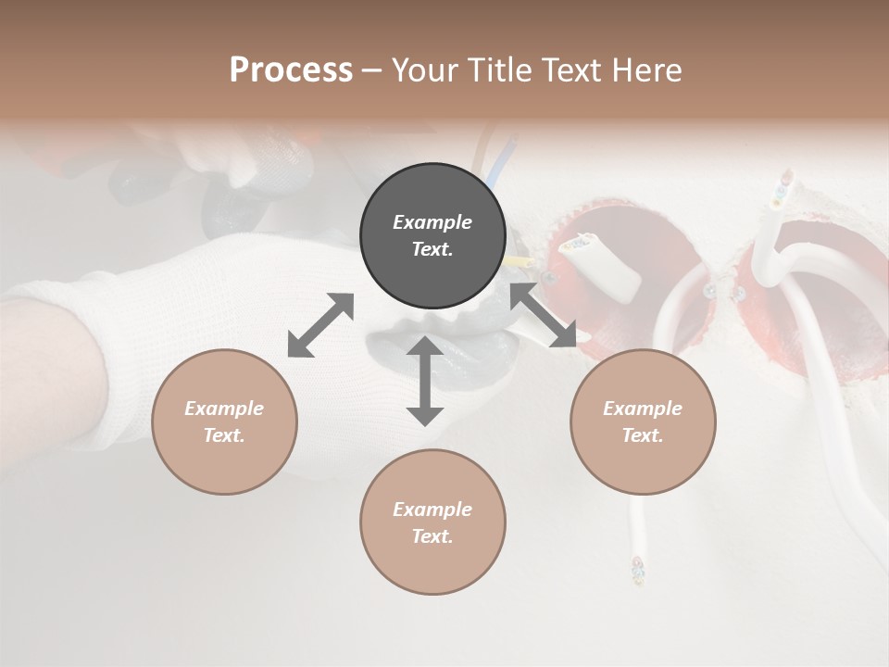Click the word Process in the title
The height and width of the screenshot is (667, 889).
[x=291, y=70]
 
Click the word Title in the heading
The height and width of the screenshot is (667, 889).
[x=498, y=70]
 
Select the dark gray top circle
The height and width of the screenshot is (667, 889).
[x=432, y=236]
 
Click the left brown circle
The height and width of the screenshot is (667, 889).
[x=224, y=422]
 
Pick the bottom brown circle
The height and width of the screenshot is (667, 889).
[x=432, y=522]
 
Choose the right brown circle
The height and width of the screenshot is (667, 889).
[x=643, y=422]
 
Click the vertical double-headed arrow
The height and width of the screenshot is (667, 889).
[x=425, y=381]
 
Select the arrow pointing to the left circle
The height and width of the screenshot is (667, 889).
[x=320, y=325]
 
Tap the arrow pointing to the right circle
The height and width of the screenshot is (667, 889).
[x=543, y=316]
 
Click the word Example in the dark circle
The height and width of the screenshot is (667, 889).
[x=432, y=222]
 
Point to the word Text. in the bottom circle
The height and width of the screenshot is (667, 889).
[x=432, y=536]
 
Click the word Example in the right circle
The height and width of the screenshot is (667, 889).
[x=643, y=409]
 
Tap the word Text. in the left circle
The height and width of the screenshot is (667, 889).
[x=224, y=435]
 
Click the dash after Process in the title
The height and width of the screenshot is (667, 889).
[x=372, y=70]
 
